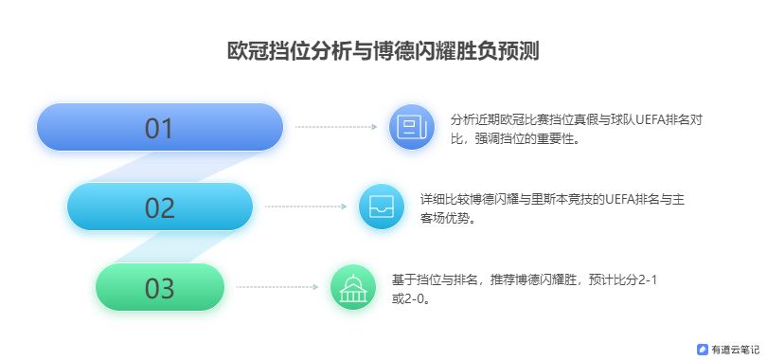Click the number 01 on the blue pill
(x=159, y=129)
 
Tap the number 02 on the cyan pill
(x=159, y=208)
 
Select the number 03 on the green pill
(x=159, y=289)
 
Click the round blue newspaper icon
(x=412, y=127)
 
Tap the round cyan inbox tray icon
(x=382, y=207)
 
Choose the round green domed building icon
(x=353, y=287)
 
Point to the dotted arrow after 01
(x=336, y=127)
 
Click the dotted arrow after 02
(x=306, y=207)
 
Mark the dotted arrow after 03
(x=276, y=287)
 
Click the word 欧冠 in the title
(x=247, y=51)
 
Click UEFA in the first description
(x=649, y=119)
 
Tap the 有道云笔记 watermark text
(x=735, y=350)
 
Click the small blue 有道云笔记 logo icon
(x=703, y=350)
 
